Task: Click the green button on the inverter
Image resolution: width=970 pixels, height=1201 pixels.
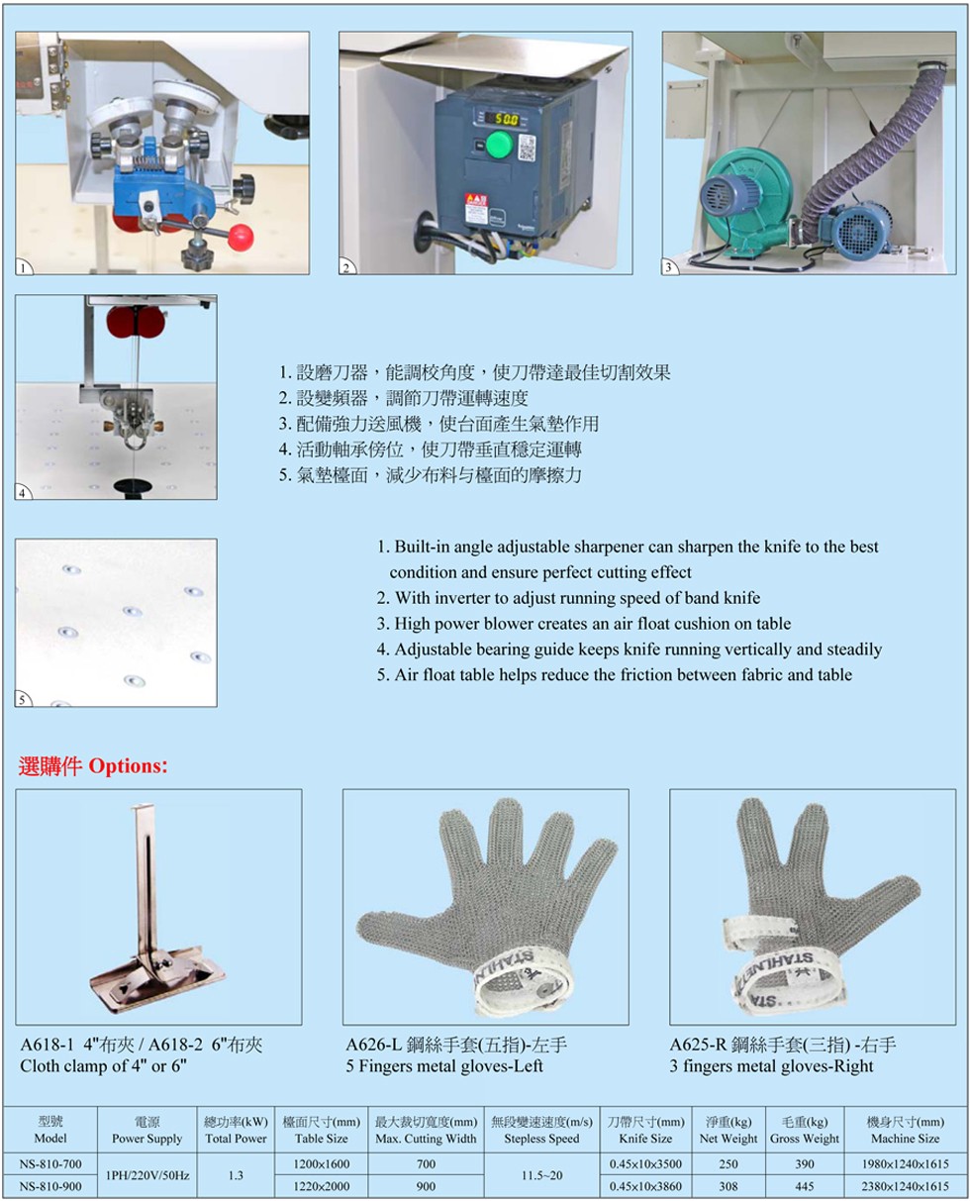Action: coord(498,144)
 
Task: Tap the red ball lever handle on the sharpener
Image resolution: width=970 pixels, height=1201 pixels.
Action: coord(241,237)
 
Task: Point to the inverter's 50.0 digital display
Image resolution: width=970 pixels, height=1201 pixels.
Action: coord(506,119)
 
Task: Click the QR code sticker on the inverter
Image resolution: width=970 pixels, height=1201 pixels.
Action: coord(527,148)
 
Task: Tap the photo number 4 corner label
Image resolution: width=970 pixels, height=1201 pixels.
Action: coord(23,492)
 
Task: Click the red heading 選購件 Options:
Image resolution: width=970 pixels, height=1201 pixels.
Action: coord(93,765)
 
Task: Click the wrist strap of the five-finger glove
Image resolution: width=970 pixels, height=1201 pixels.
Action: coord(523,980)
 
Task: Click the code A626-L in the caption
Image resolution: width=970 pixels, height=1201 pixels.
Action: coord(374,1045)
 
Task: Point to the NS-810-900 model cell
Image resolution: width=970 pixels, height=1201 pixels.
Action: coord(50,1186)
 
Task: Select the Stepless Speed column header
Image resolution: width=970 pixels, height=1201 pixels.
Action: coord(541,1138)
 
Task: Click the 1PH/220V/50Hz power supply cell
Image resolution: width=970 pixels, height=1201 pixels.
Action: coord(147,1175)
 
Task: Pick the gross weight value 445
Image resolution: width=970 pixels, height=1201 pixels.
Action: coord(805,1186)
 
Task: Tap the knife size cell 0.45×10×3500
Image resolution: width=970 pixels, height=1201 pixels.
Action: coord(645,1163)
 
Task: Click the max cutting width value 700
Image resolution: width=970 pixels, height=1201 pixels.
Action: coord(426,1163)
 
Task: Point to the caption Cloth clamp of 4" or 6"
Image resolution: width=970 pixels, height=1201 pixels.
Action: coord(103,1065)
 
